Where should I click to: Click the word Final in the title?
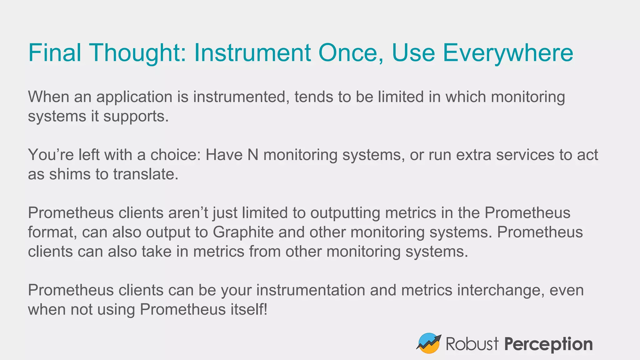pyautogui.click(x=55, y=52)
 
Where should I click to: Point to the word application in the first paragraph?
pyautogui.click(x=134, y=97)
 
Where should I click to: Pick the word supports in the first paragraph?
pyautogui.click(x=136, y=117)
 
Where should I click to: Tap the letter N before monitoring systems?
pyautogui.click(x=253, y=155)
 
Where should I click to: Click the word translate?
pyautogui.click(x=146, y=174)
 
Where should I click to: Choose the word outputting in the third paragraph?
pyautogui.click(x=345, y=213)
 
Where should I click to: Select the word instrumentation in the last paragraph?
pyautogui.click(x=311, y=290)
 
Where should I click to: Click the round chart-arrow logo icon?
pyautogui.click(x=428, y=343)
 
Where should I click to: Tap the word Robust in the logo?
pyautogui.click(x=472, y=344)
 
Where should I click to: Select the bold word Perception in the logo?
pyautogui.click(x=548, y=344)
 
